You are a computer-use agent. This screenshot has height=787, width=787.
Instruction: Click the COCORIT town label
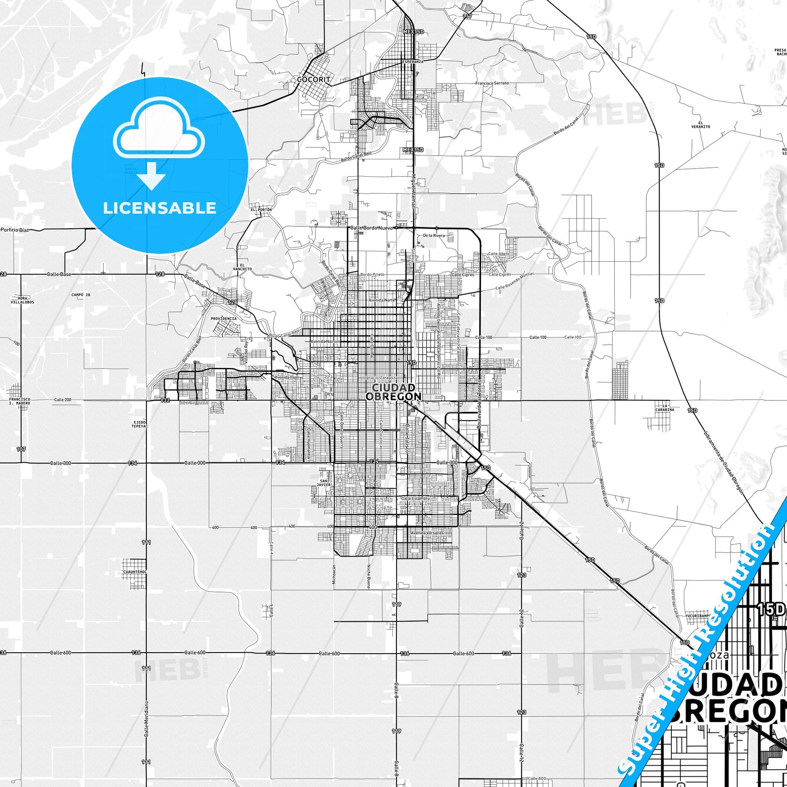click(x=313, y=79)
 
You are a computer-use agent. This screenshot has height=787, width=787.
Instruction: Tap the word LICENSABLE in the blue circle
click(x=159, y=208)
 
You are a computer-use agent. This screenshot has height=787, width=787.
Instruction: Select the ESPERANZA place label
click(x=413, y=61)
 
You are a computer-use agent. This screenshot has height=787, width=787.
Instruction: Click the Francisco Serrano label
click(x=492, y=83)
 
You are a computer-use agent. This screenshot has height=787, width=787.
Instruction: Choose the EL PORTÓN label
click(x=261, y=209)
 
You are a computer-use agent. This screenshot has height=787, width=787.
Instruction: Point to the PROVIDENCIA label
click(x=224, y=319)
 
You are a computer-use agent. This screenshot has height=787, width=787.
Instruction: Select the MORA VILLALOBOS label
click(x=22, y=300)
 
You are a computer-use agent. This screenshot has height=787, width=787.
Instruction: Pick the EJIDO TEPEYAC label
click(x=139, y=424)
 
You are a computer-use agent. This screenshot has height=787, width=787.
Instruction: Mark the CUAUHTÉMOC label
click(x=134, y=572)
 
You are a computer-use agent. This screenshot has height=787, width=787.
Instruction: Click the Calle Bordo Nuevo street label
click(x=372, y=228)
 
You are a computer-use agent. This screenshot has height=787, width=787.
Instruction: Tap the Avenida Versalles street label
click(x=427, y=533)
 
